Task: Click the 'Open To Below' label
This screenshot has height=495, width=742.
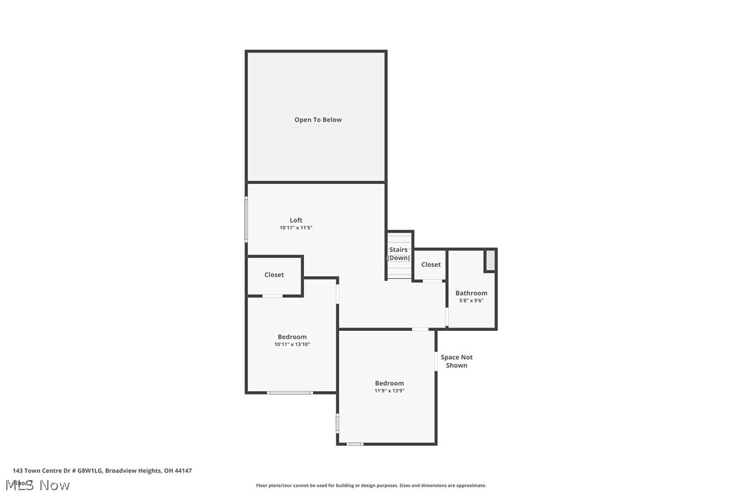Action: pyautogui.click(x=318, y=120)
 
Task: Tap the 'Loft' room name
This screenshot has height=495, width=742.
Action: pyautogui.click(x=296, y=220)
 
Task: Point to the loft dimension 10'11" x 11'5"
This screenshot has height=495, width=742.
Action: pyautogui.click(x=296, y=228)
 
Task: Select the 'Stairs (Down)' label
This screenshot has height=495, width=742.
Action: pyautogui.click(x=398, y=254)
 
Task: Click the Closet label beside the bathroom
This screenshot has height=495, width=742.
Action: pyautogui.click(x=430, y=265)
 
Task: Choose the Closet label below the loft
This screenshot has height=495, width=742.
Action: pyautogui.click(x=274, y=275)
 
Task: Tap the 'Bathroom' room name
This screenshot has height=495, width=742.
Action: pyautogui.click(x=471, y=293)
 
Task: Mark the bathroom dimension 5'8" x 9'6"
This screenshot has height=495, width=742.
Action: pyautogui.click(x=471, y=301)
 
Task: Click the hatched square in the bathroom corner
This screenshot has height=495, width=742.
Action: pyautogui.click(x=490, y=260)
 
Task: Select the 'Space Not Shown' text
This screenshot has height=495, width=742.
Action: pyautogui.click(x=456, y=361)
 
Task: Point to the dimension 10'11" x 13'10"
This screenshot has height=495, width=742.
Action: pyautogui.click(x=292, y=345)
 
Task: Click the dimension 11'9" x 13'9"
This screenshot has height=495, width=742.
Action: pyautogui.click(x=389, y=391)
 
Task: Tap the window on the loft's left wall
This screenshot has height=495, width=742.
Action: pyautogui.click(x=247, y=219)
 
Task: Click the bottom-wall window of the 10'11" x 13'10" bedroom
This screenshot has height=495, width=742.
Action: pyautogui.click(x=290, y=392)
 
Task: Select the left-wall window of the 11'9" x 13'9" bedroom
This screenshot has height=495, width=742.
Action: pyautogui.click(x=338, y=423)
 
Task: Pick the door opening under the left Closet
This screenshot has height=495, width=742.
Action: pyautogui.click(x=273, y=295)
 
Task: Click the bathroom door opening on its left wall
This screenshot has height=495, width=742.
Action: pyautogui.click(x=447, y=317)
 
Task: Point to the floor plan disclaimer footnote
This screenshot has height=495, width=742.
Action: pyautogui.click(x=371, y=485)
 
